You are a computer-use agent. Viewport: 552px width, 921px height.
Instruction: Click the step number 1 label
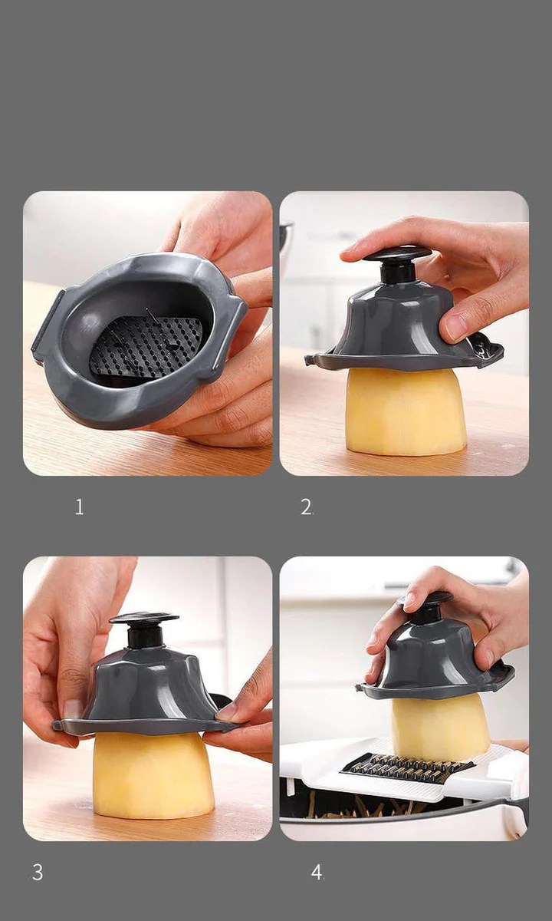point(79,507)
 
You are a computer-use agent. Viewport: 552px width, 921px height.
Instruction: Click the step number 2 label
point(306,507)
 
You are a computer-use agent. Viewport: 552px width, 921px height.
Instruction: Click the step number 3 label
point(38,873)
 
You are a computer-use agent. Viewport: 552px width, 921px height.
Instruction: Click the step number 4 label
point(317,873)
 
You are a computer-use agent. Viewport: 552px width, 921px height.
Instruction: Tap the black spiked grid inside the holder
point(146,345)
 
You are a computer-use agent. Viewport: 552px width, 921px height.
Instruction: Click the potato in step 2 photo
point(405,411)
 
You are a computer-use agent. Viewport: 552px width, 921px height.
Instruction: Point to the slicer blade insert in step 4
point(406,767)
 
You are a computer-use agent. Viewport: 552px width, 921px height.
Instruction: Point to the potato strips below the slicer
point(368,807)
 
